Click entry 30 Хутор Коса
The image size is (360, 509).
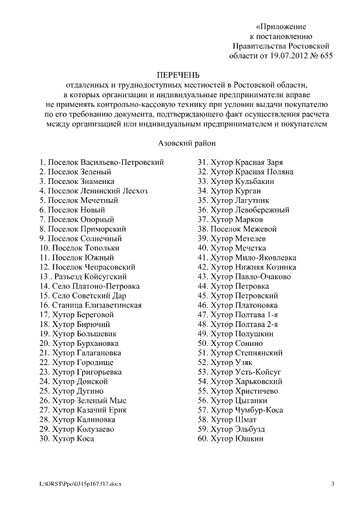pyautogui.click(x=66, y=439)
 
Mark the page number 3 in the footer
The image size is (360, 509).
pyautogui.click(x=332, y=484)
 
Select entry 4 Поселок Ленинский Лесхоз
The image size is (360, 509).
pyautogui.click(x=93, y=191)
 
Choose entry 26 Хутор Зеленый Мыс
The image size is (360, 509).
pyautogui.click(x=83, y=401)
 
